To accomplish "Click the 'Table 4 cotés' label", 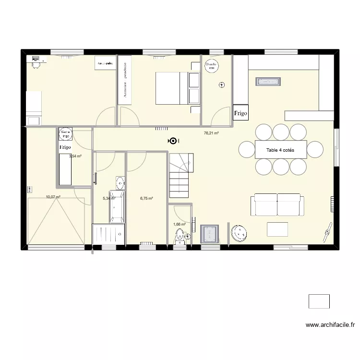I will [280, 150].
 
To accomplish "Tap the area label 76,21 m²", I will [211, 133].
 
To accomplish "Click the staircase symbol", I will [180, 175].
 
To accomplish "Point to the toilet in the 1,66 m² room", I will [180, 236].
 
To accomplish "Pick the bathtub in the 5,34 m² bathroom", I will [118, 206].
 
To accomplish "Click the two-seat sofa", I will [277, 205].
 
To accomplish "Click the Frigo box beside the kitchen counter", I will [240, 113].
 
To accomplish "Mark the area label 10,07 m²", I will [53, 197].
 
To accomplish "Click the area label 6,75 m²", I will [146, 198].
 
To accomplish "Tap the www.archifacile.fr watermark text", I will [330, 325].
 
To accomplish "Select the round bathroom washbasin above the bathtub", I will [120, 182].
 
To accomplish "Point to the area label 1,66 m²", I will [179, 224].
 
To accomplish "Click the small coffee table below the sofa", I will [277, 229].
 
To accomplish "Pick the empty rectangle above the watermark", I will [319, 301].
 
